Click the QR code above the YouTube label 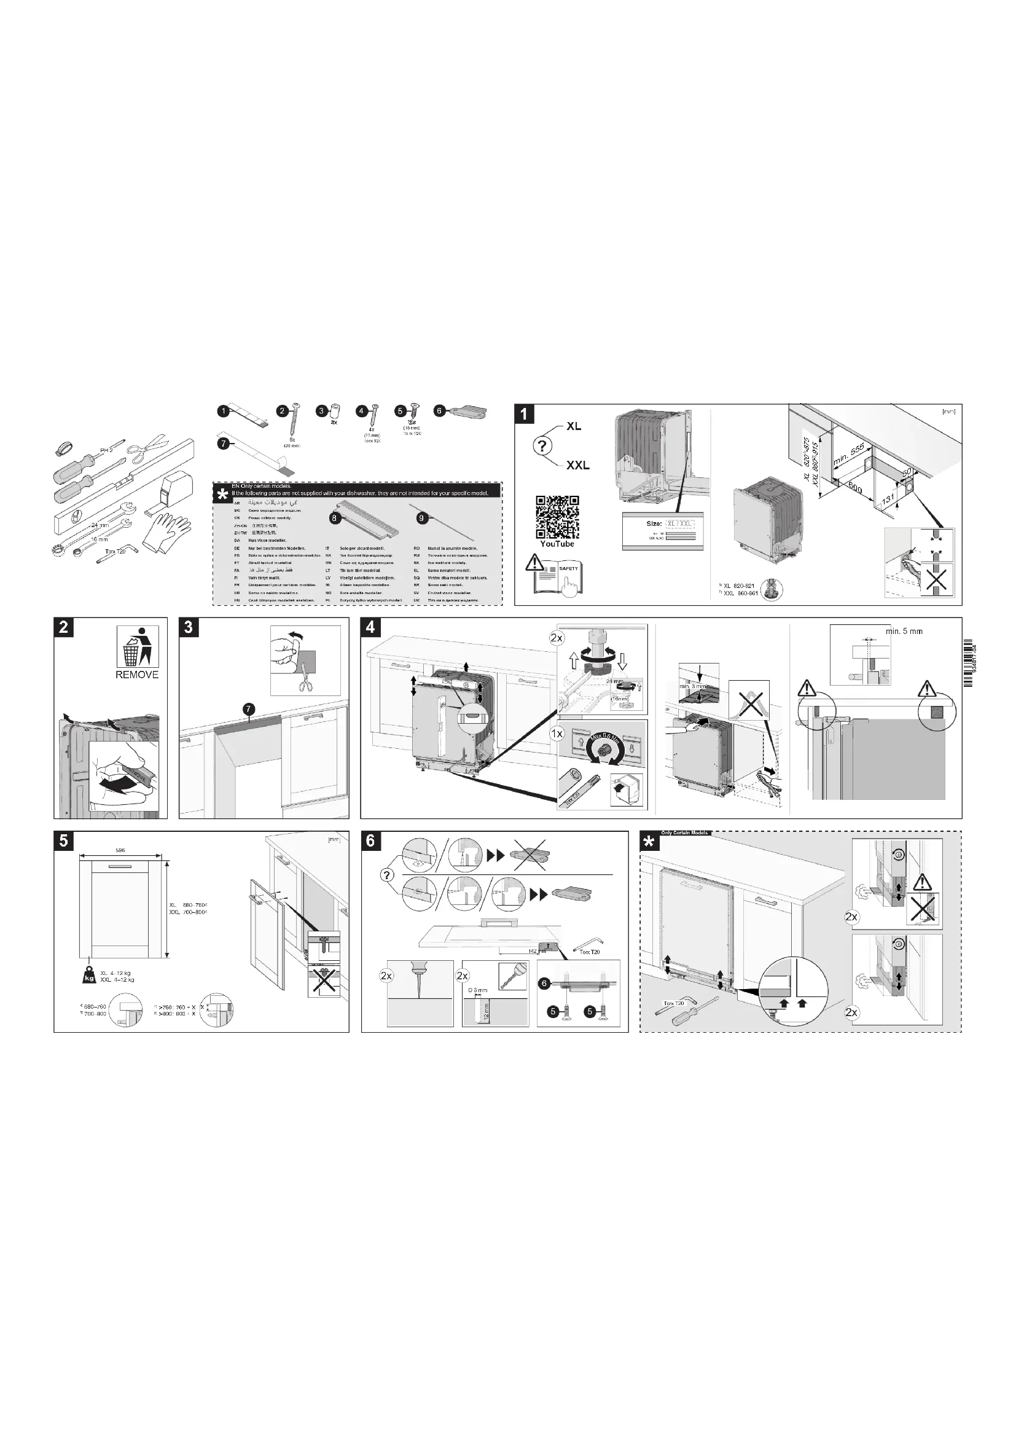(x=557, y=517)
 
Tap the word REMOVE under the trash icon (x=137, y=675)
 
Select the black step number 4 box (x=370, y=627)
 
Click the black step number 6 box (x=370, y=840)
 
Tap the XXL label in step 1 (x=577, y=465)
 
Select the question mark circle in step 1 (x=542, y=446)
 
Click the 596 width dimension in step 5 (x=120, y=850)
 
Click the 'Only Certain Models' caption (x=684, y=833)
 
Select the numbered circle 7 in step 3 (x=249, y=708)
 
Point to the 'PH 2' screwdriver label (x=106, y=450)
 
